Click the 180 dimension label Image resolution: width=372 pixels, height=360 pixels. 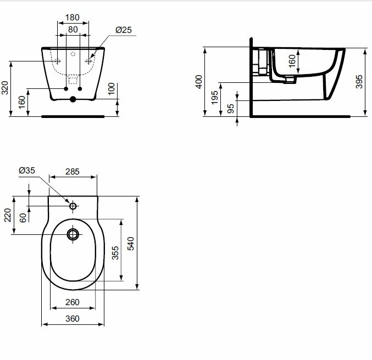[73, 18]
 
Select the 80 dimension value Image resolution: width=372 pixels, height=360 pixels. [73, 30]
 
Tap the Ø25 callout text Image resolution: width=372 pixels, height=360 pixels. [124, 30]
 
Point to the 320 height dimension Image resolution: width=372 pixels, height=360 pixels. [5, 88]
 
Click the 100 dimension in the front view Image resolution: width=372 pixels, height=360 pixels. [111, 89]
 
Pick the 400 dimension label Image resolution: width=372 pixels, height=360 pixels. [199, 82]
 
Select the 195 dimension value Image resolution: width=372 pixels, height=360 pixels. [214, 97]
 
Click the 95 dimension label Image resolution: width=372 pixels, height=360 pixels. [231, 109]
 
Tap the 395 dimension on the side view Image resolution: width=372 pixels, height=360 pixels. [359, 82]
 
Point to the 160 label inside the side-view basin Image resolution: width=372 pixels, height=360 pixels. [292, 61]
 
